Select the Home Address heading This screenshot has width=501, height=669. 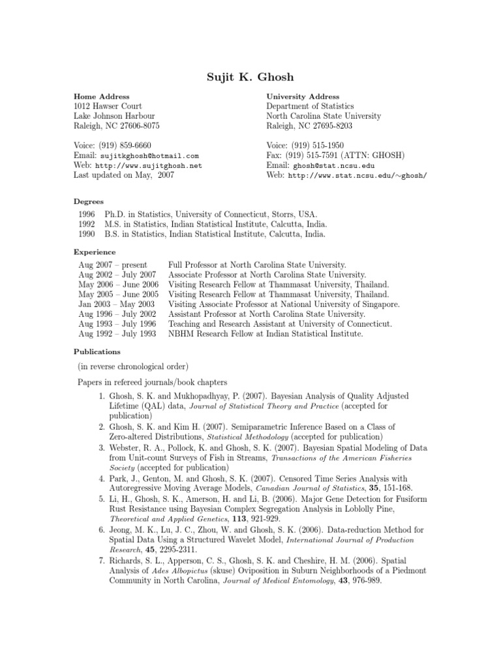click(x=101, y=97)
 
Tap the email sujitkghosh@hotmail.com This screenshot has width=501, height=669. click(x=149, y=157)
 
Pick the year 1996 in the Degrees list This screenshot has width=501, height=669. click(x=87, y=214)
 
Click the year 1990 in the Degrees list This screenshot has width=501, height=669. click(x=87, y=234)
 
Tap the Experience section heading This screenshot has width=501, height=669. click(x=95, y=252)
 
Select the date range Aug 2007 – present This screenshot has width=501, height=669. click(x=112, y=265)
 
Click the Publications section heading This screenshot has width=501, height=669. click(x=97, y=351)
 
